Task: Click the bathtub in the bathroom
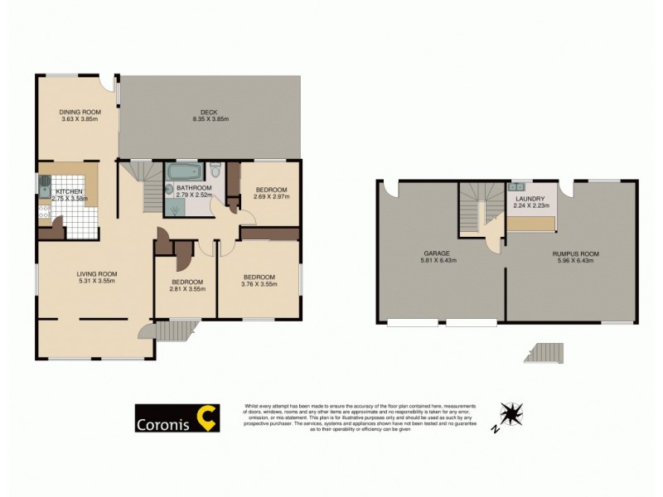183,172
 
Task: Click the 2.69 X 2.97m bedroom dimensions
271,197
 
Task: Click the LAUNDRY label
530,199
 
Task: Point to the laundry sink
520,186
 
